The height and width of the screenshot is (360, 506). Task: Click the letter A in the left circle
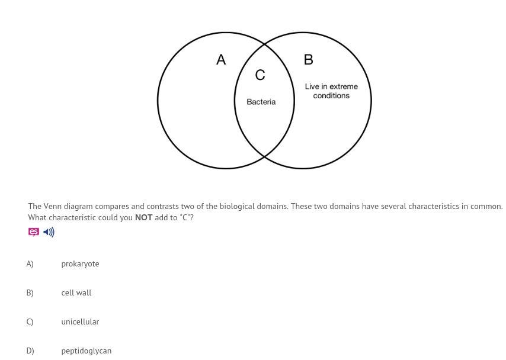221,60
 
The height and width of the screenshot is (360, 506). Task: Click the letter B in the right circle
308,60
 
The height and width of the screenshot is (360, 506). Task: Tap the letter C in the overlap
260,75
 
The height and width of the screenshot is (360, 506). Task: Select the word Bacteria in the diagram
261,102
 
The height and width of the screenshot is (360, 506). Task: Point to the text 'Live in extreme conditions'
331,91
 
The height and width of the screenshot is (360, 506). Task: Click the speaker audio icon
49,232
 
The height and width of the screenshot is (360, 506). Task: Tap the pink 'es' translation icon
34,232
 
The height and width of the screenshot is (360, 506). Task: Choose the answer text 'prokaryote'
80,264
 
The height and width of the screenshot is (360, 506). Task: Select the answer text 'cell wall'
76,293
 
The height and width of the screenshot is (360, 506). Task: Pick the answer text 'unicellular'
80,322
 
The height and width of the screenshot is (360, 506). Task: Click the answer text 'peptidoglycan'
86,351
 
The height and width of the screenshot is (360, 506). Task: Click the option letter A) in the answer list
30,264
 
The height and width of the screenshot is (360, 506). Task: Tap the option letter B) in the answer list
30,293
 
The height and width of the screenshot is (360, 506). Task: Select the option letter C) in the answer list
30,322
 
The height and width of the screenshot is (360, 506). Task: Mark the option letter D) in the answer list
30,351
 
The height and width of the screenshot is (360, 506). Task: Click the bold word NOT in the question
143,218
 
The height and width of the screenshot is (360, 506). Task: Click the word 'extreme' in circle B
344,86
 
